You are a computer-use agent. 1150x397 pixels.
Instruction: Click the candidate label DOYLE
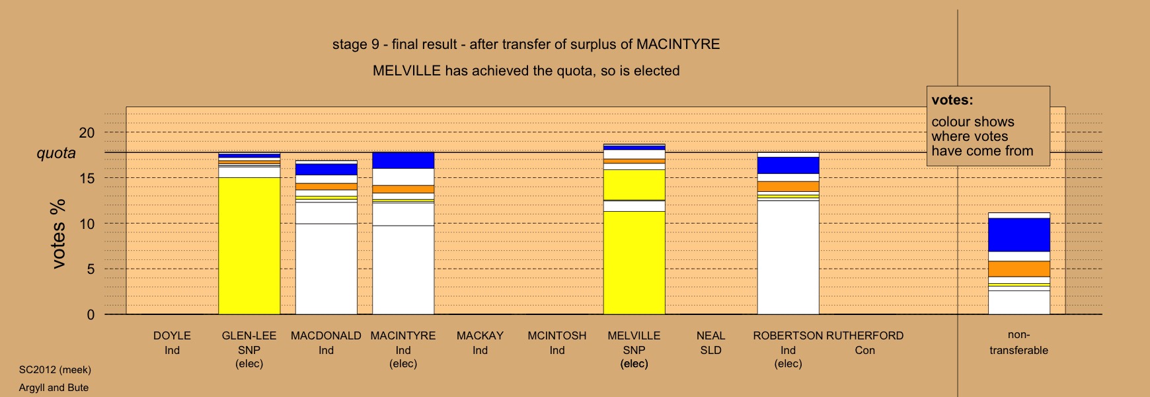(x=172, y=335)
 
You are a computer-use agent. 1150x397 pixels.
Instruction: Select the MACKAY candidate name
(x=480, y=335)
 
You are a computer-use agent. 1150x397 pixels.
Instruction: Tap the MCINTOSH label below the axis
(x=556, y=335)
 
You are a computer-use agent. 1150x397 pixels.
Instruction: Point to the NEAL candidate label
(x=710, y=335)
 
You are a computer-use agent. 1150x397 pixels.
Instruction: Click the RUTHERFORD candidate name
(x=864, y=335)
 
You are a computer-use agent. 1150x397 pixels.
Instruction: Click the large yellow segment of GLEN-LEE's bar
(x=249, y=245)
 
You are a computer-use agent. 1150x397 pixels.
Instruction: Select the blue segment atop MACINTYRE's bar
(x=403, y=160)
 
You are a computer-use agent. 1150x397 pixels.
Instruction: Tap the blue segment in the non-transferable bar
(x=1018, y=235)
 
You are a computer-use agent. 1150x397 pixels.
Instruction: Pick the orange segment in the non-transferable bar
(x=1018, y=269)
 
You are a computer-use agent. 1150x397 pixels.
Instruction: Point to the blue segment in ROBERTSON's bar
(x=788, y=165)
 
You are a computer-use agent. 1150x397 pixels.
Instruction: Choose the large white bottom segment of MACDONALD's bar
(x=326, y=269)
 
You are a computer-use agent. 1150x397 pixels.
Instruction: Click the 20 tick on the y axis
(x=87, y=132)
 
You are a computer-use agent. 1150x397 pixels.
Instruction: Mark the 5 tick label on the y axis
(x=91, y=269)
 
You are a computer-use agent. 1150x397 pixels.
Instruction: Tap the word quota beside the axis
(x=56, y=154)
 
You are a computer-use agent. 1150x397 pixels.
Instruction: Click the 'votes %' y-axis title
(x=58, y=234)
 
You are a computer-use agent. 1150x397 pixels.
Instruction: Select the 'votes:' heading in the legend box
(x=952, y=101)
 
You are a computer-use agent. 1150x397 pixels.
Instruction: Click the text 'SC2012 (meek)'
(x=55, y=370)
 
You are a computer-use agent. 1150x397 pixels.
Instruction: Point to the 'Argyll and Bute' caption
(x=54, y=388)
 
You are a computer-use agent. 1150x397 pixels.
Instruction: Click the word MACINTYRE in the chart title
(x=677, y=44)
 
